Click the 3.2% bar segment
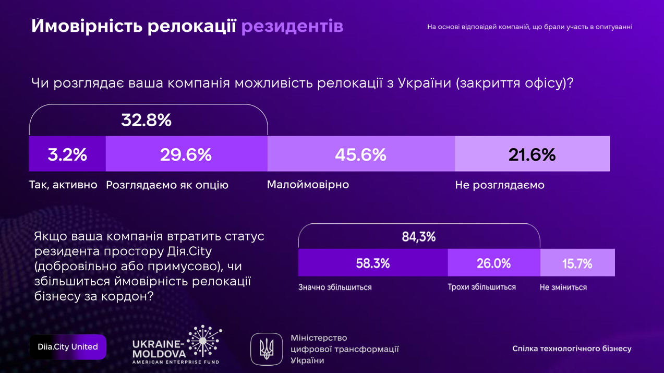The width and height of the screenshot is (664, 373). [67, 154]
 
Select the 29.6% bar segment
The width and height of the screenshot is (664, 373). [186, 154]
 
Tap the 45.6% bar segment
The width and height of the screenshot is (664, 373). [360, 154]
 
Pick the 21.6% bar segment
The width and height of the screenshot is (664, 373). [532, 154]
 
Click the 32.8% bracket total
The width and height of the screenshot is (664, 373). [147, 121]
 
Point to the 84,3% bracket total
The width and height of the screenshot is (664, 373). [418, 237]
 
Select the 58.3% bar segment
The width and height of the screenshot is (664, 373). [372, 263]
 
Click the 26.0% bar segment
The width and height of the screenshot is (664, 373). [493, 263]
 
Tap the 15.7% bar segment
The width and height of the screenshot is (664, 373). [577, 263]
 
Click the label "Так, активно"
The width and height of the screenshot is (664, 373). [63, 185]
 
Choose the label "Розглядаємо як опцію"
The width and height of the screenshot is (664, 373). [167, 185]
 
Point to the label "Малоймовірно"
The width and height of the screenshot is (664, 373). [308, 185]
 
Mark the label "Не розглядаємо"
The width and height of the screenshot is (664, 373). [500, 185]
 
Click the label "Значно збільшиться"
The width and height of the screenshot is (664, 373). [335, 287]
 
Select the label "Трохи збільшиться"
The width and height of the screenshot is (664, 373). [482, 287]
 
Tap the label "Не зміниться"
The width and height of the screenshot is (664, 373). [563, 287]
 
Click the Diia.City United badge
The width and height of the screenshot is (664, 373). [68, 347]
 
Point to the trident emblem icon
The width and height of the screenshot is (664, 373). [267, 348]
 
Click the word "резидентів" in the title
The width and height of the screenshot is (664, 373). [292, 26]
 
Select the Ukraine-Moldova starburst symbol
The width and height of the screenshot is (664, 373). [204, 342]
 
